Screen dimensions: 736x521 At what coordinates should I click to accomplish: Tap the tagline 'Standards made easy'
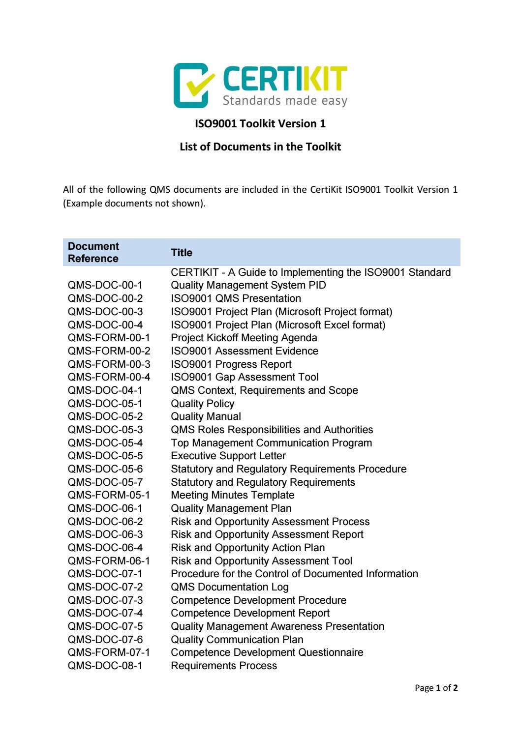[285, 101]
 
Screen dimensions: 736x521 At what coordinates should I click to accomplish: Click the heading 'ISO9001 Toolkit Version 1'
[260, 123]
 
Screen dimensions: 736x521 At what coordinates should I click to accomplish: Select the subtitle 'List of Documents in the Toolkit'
[260, 147]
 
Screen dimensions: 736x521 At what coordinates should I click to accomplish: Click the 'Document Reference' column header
[93, 252]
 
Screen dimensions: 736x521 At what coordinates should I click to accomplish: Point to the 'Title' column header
[182, 253]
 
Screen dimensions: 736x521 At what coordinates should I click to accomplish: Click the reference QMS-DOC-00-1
[105, 285]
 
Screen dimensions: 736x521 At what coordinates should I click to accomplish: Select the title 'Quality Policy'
[202, 404]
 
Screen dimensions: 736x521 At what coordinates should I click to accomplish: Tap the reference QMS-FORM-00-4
[109, 377]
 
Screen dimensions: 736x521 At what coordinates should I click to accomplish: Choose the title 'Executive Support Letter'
[228, 456]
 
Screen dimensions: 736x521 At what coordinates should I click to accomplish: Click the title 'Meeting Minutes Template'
[233, 495]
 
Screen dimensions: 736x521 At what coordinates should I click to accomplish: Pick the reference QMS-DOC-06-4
[105, 548]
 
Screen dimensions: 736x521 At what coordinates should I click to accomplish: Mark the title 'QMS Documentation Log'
[230, 587]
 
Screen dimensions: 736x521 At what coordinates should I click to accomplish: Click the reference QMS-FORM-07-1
[109, 652]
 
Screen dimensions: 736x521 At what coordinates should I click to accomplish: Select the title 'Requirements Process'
[224, 666]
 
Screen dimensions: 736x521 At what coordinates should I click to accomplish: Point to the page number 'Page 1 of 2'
[436, 688]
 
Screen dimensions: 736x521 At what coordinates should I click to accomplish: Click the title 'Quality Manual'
[206, 416]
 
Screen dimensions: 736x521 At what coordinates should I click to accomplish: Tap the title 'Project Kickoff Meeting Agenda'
[244, 338]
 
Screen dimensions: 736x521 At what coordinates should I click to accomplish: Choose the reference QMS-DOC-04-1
[105, 390]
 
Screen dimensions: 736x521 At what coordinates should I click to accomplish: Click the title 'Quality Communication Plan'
[237, 640]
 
